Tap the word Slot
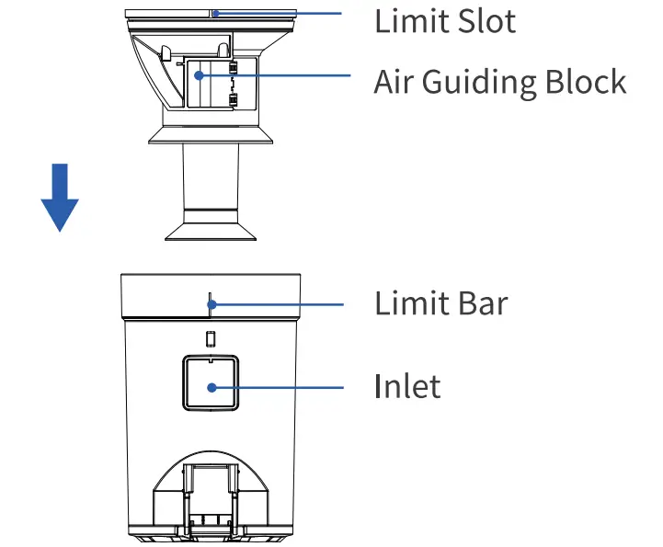pyautogui.click(x=486, y=21)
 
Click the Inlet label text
pyautogui.click(x=407, y=385)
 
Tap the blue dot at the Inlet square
pyautogui.click(x=211, y=387)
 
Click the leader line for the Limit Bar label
pyautogui.click(x=276, y=304)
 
